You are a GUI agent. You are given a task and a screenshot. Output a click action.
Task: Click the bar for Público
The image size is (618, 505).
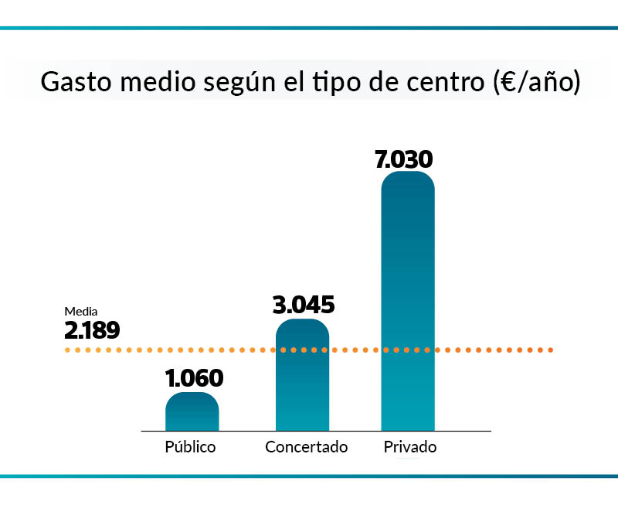tap(192, 411)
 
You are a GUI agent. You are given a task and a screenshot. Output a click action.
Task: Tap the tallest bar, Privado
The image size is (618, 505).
tap(408, 302)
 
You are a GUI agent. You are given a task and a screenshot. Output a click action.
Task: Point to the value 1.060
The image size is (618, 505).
tap(194, 378)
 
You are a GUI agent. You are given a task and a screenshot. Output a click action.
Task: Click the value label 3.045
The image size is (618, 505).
tap(304, 305)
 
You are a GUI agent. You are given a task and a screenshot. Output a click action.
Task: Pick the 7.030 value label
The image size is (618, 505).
tap(403, 159)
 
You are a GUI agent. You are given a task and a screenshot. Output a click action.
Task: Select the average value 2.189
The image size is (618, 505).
tap(92, 331)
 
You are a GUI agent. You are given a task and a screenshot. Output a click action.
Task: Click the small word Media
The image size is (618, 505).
tap(80, 312)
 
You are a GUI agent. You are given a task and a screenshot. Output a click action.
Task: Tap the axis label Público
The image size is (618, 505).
tap(191, 447)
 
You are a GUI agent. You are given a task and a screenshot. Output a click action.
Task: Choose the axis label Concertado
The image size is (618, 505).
tap(307, 447)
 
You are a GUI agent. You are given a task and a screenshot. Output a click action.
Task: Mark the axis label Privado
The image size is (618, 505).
tap(410, 447)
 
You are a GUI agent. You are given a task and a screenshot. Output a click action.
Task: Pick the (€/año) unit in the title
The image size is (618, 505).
tap(535, 82)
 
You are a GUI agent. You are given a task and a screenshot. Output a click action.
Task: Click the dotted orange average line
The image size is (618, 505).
tap(494, 350)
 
